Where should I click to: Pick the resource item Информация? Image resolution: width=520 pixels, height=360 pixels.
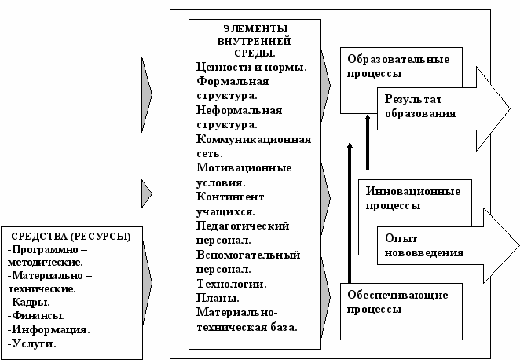[x=46, y=329]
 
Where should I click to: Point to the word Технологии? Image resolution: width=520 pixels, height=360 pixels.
[x=232, y=283]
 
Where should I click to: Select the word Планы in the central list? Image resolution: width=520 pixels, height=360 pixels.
[x=219, y=298]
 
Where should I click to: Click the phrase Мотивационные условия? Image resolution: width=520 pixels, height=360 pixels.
[x=244, y=175]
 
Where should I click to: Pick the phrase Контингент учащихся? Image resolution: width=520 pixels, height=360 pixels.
[x=232, y=204]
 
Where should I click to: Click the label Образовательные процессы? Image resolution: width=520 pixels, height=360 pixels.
[x=394, y=67]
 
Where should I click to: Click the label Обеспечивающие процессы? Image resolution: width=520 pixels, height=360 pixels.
[x=397, y=303]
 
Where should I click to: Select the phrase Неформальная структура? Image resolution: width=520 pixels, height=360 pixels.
[x=246, y=118]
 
